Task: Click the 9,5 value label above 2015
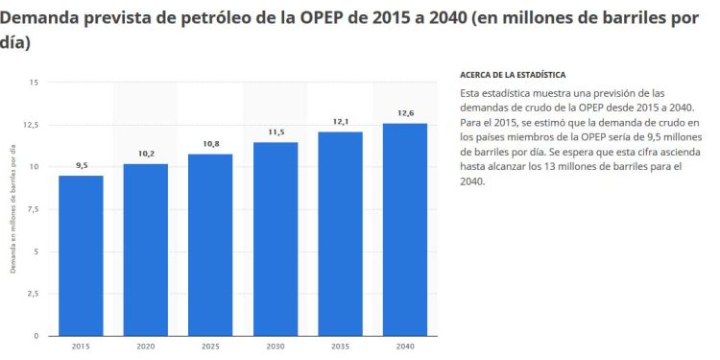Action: (81, 166)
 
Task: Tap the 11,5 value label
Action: (276, 132)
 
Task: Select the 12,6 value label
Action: (405, 113)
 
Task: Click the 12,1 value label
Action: (340, 122)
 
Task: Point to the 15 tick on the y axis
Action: (34, 83)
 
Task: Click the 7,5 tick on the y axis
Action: (32, 209)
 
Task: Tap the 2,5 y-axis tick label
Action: (32, 294)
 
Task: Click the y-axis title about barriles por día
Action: (13, 208)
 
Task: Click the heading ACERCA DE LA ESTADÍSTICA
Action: (513, 75)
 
